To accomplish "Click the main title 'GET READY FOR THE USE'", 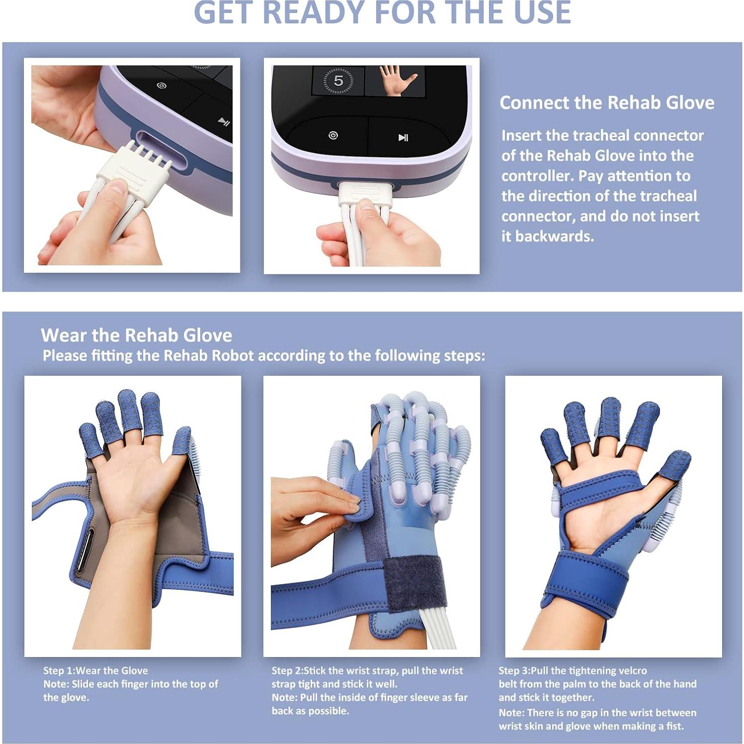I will (382, 13).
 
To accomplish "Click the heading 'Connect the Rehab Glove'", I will (606, 102).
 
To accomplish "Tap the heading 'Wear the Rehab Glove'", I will (136, 335).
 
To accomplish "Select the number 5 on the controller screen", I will (338, 81).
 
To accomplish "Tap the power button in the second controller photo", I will (333, 135).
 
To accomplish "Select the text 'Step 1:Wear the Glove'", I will (95, 670).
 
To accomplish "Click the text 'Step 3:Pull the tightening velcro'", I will (573, 670).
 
